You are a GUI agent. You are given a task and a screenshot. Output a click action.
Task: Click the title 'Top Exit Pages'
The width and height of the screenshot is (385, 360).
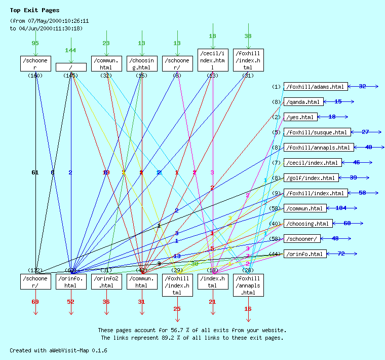[34, 10]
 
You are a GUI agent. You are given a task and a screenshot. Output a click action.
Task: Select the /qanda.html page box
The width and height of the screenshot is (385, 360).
[303, 102]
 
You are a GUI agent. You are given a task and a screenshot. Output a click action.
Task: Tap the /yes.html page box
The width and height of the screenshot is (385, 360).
[300, 117]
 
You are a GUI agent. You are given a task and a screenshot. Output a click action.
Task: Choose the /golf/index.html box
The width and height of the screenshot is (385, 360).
[311, 178]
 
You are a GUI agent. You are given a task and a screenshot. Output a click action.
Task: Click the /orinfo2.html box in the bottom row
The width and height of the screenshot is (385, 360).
[106, 282]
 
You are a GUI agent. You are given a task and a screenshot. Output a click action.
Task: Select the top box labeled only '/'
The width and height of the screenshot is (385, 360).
[71, 67]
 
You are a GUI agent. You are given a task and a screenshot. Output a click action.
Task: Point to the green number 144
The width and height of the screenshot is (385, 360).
[70, 51]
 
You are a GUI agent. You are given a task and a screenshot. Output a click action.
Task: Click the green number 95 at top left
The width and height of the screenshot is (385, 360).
[35, 43]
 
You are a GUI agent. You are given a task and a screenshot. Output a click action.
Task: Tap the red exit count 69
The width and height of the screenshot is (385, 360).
[35, 302]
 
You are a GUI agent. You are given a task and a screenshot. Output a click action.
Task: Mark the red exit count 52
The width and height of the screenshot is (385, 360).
[70, 302]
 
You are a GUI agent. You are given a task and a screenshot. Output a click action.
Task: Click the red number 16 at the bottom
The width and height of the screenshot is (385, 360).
[248, 309]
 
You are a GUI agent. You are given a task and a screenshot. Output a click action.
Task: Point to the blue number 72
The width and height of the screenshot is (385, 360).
[341, 254]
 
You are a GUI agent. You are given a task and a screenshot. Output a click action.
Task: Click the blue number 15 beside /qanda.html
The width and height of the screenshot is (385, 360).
[338, 102]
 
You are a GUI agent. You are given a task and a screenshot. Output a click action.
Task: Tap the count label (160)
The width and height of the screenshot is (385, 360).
[35, 76]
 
